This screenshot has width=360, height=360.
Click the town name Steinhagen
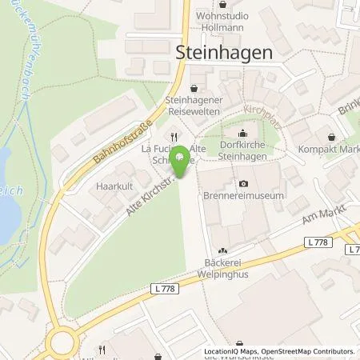[223, 50]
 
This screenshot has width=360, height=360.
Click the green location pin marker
[182, 162]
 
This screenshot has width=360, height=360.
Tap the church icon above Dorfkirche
[243, 133]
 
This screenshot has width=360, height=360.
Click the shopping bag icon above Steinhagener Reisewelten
[194, 88]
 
